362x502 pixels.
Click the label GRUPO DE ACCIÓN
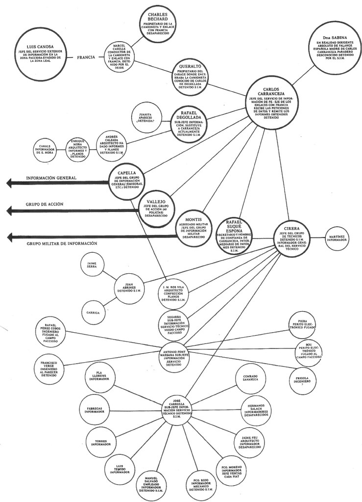click(44, 203)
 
